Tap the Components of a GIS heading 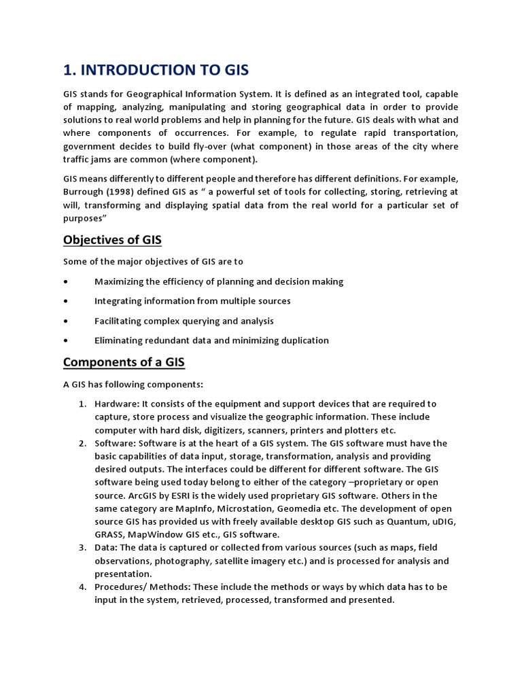[124, 362]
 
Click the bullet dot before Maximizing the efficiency [65, 281]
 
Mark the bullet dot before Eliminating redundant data [65, 341]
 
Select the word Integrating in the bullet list [118, 301]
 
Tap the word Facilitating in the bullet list [119, 321]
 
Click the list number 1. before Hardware [82, 404]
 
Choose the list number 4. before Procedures [82, 587]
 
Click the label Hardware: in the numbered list [116, 404]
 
